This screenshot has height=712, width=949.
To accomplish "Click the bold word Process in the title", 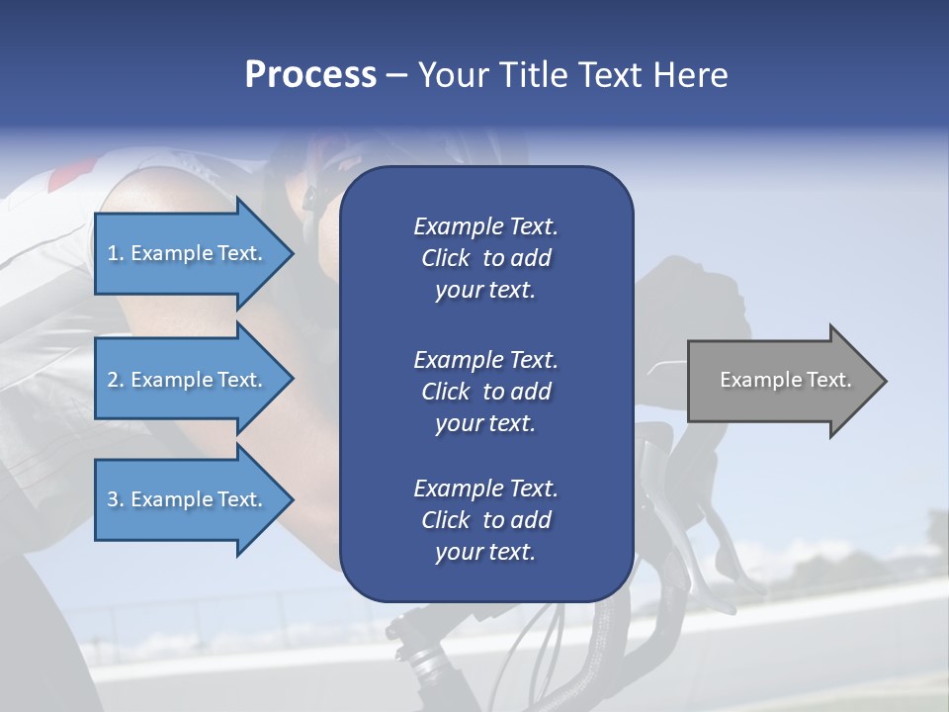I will click(310, 75).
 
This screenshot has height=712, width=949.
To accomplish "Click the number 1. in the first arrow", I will click(116, 253).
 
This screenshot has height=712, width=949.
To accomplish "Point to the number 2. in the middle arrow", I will click(116, 380).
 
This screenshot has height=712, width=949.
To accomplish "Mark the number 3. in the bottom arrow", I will click(116, 499).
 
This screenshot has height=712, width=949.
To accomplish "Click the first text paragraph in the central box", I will click(485, 258).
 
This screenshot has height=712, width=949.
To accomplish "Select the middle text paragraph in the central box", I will click(485, 392).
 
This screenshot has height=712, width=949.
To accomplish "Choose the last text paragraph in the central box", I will click(485, 520).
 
